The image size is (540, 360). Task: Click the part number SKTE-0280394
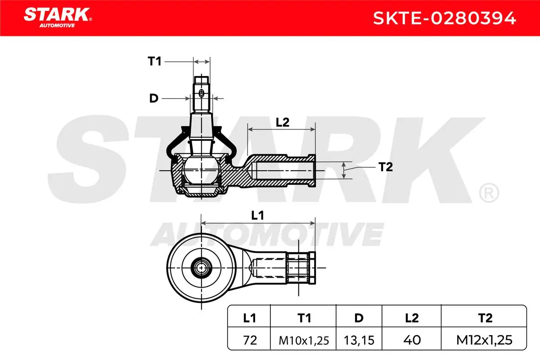coord(444,18)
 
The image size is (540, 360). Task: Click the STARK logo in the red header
coord(58,18)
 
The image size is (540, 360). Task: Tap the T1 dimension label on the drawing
coord(154,61)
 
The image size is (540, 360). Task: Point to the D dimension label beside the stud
coord(154,99)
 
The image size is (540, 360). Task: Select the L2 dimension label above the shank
coord(282,122)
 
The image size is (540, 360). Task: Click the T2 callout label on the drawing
coord(386,167)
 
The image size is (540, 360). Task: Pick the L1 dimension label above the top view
coord(257,215)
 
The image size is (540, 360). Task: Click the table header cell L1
coord(249,318)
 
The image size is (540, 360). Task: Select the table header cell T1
coord(304,318)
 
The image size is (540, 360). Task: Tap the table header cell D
coord(359,318)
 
